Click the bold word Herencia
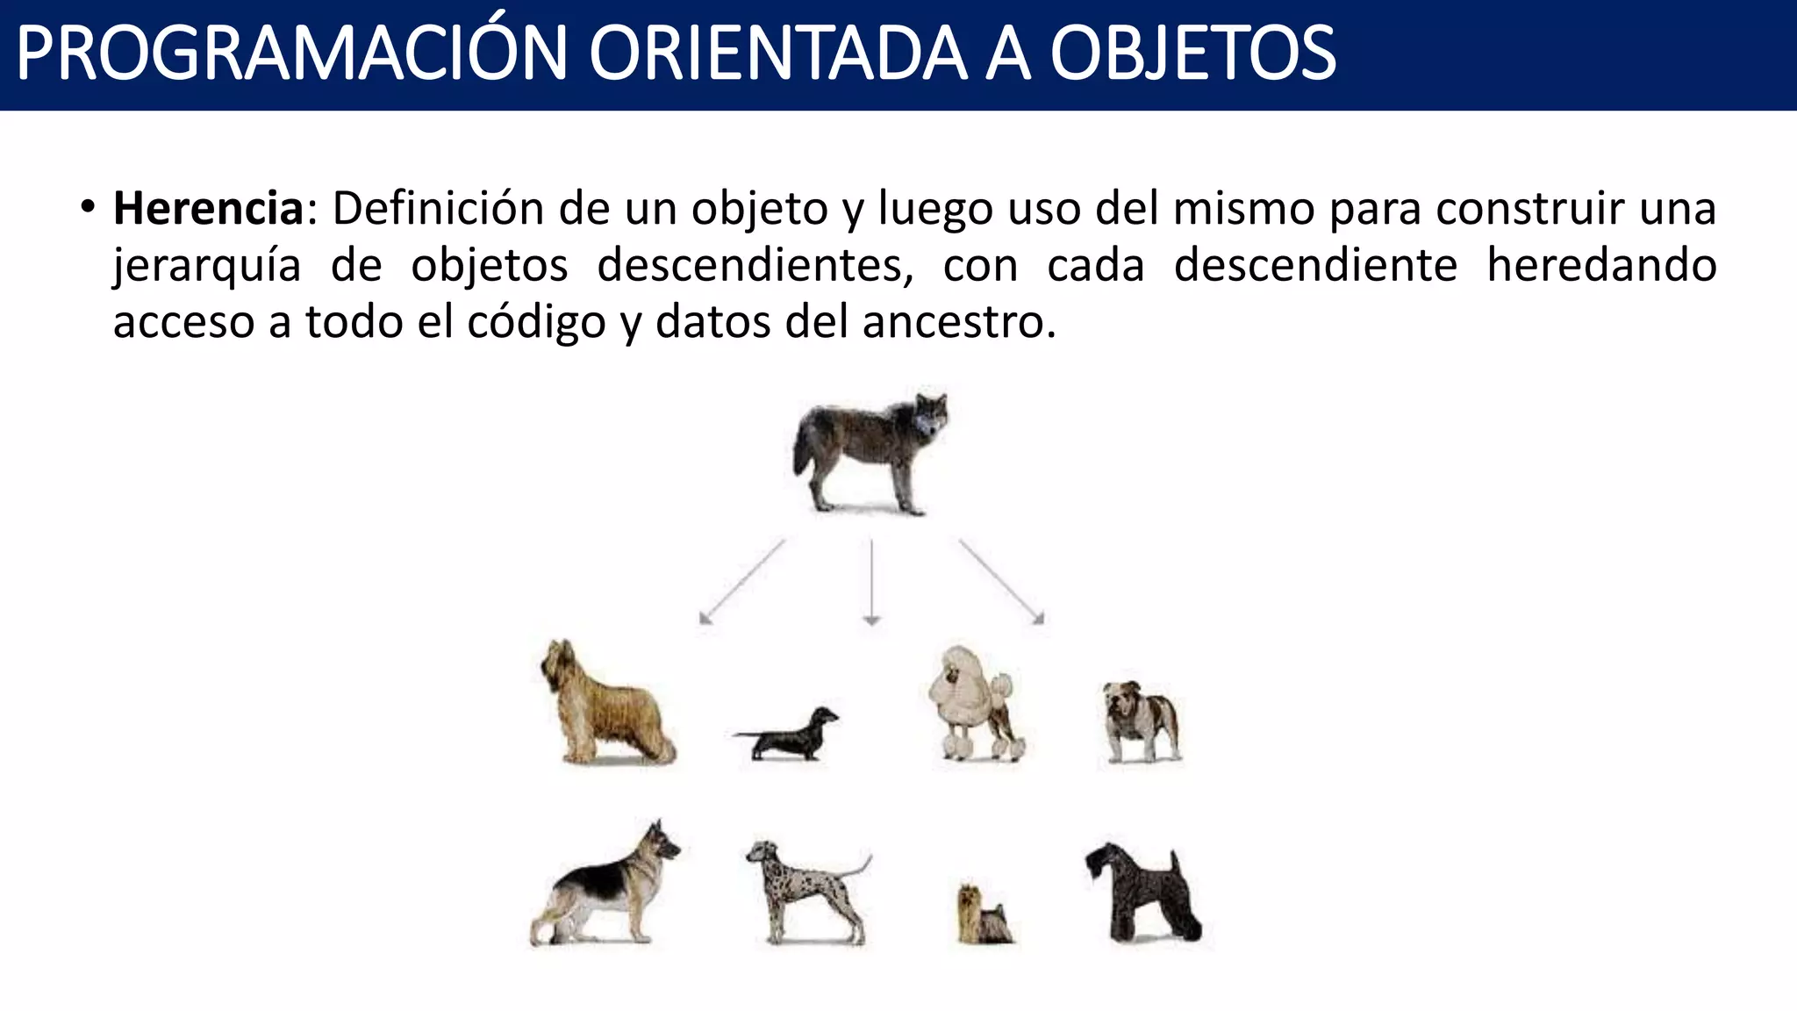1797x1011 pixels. pyautogui.click(x=208, y=209)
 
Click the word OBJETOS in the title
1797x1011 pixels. pyautogui.click(x=1192, y=54)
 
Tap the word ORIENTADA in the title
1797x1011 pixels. pyautogui.click(x=777, y=54)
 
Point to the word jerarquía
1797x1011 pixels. pyautogui.click(x=207, y=266)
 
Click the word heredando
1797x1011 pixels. pyautogui.click(x=1601, y=265)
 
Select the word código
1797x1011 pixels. pyautogui.click(x=536, y=322)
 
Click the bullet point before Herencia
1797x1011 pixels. pyautogui.click(x=86, y=209)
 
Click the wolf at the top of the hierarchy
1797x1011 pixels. pyautogui.click(x=870, y=451)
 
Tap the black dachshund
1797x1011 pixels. pyautogui.click(x=788, y=734)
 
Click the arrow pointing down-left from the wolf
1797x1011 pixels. pyautogui.click(x=742, y=581)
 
